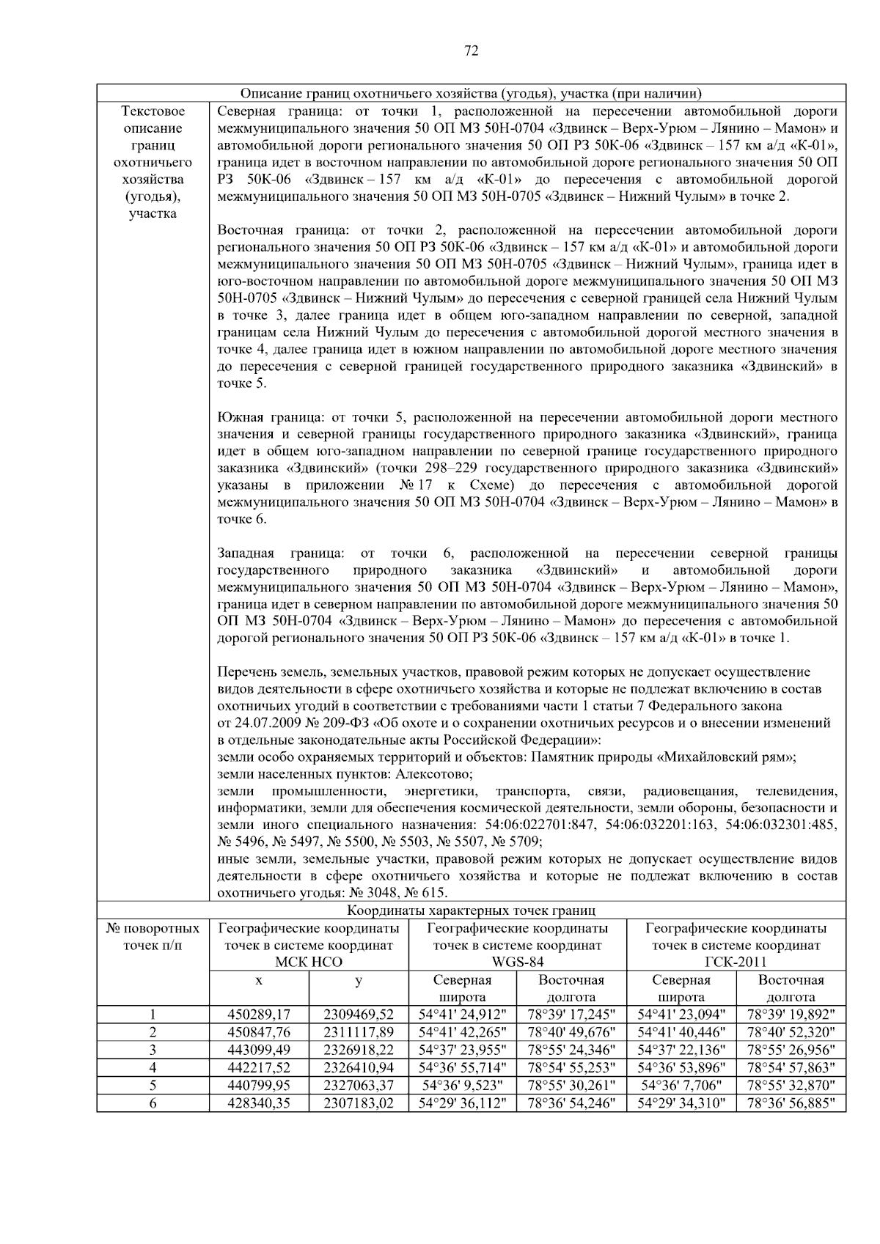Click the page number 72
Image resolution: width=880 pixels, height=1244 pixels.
pyautogui.click(x=471, y=51)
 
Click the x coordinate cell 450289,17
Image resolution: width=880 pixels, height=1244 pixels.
pyautogui.click(x=260, y=1015)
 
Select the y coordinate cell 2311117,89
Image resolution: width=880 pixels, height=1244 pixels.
pyautogui.click(x=359, y=1032)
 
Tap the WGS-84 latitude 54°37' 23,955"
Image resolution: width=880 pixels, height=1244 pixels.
pyautogui.click(x=462, y=1050)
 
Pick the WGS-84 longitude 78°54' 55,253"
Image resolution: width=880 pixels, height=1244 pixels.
pyautogui.click(x=571, y=1067)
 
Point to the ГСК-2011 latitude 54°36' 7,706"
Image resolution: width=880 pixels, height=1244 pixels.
pyautogui.click(x=681, y=1085)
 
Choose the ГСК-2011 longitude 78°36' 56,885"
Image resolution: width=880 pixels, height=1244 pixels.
pyautogui.click(x=791, y=1103)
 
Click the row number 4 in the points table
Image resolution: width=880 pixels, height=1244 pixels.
pyautogui.click(x=153, y=1067)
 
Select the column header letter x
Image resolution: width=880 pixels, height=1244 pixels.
pyautogui.click(x=260, y=980)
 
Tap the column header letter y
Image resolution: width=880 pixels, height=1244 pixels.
pyautogui.click(x=359, y=980)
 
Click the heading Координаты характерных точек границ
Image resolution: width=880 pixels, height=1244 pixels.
pyautogui.click(x=471, y=911)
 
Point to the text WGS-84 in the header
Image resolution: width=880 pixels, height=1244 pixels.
pyautogui.click(x=517, y=963)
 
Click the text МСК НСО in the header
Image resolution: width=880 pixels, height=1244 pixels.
pyautogui.click(x=309, y=963)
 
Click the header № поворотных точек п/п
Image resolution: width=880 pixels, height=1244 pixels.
pyautogui.click(x=153, y=937)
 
